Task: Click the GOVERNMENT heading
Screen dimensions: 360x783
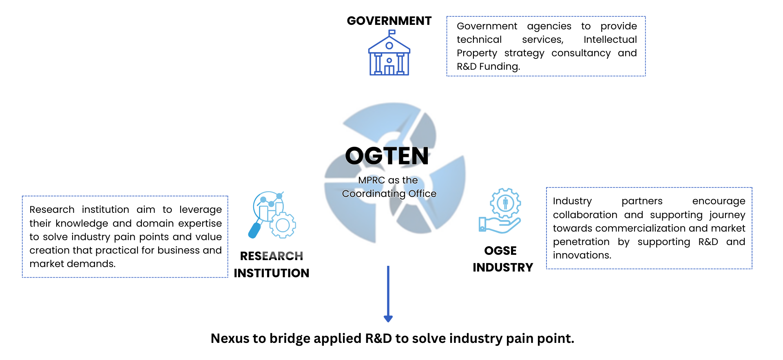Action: pos(389,21)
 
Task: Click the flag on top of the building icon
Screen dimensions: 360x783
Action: pos(391,32)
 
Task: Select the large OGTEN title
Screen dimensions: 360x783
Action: pos(387,156)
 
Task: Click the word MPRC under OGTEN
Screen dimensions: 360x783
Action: pos(372,180)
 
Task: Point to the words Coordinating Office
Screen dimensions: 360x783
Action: pos(389,194)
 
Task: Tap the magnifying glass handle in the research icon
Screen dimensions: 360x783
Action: pos(254,230)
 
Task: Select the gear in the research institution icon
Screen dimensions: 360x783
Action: pos(283,225)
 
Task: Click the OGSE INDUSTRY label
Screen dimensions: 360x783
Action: pos(502,259)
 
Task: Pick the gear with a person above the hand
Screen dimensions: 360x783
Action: pos(506,203)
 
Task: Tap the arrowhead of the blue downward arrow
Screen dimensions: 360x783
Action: pos(388,318)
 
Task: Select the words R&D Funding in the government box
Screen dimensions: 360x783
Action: pos(488,66)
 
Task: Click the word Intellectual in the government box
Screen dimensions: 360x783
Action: pos(610,40)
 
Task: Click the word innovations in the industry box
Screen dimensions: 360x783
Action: pos(582,255)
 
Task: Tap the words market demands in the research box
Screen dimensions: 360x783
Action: pos(72,264)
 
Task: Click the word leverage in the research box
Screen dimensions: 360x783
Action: pos(200,210)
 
